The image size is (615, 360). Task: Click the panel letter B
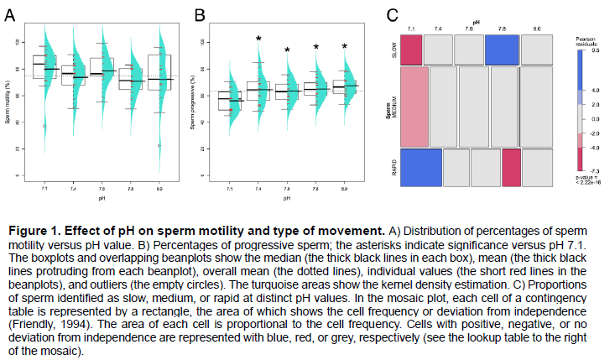(x=201, y=15)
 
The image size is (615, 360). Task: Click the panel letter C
(x=392, y=14)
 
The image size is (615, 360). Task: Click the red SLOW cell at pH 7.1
(x=411, y=50)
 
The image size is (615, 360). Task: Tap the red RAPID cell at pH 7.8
(x=513, y=167)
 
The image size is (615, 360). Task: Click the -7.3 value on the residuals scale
(x=593, y=170)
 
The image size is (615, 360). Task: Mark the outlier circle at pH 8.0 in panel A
(x=159, y=145)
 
